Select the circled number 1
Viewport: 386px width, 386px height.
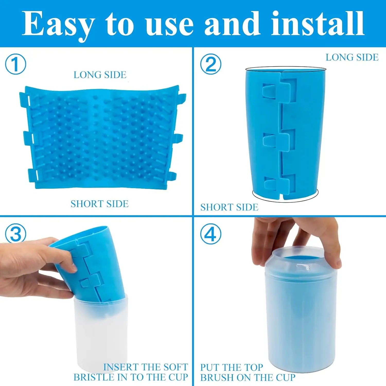pos(15,64)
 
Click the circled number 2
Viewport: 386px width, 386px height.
pos(210,64)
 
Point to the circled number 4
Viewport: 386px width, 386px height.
pos(210,234)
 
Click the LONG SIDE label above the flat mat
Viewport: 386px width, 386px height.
pos(100,75)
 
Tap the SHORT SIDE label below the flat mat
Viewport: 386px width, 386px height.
pos(99,204)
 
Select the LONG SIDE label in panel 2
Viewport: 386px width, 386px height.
pos(352,57)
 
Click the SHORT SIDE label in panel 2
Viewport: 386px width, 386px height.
pos(229,207)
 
